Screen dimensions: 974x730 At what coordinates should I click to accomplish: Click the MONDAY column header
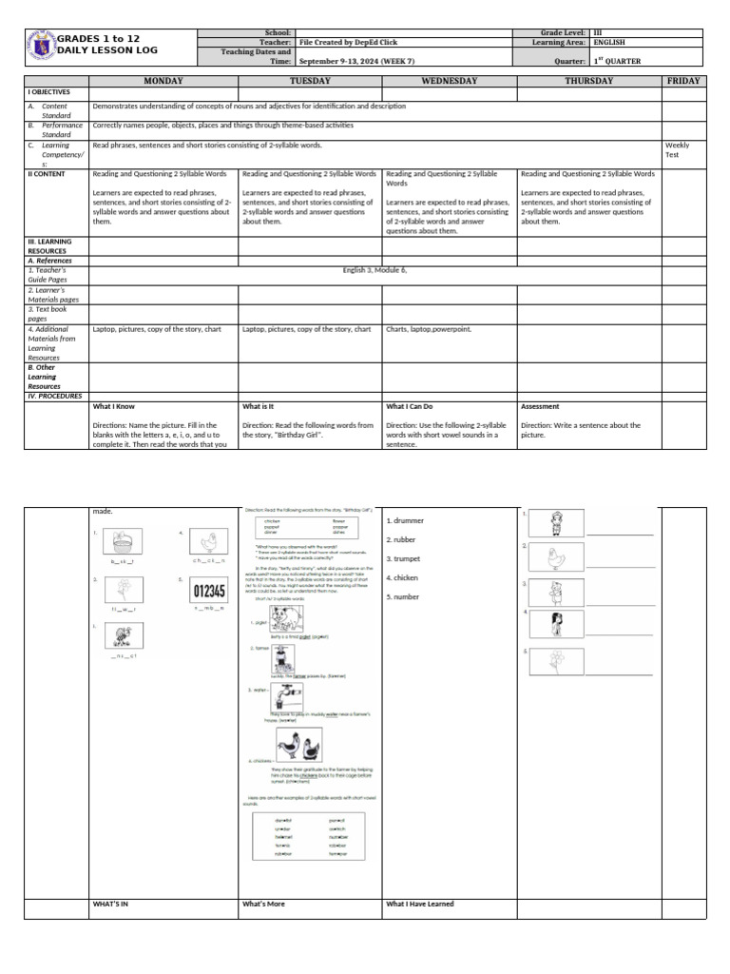[x=163, y=82]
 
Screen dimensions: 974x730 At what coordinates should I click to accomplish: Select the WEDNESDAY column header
[x=448, y=82]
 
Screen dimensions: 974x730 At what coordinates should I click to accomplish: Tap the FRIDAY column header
[x=683, y=82]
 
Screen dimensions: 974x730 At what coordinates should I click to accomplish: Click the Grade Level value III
[x=598, y=32]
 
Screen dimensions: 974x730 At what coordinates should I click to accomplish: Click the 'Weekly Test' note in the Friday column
[x=678, y=150]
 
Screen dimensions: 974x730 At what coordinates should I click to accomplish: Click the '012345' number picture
[x=209, y=591]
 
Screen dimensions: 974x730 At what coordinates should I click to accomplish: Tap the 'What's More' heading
[x=263, y=904]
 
